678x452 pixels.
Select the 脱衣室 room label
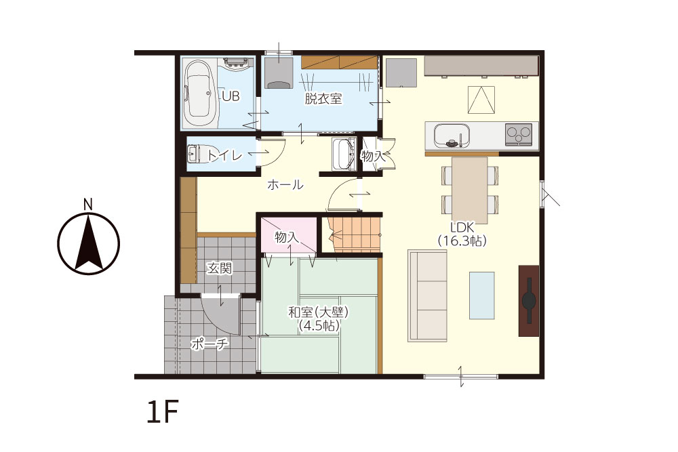click(x=323, y=99)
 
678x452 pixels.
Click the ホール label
click(x=285, y=185)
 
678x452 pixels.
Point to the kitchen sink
click(x=452, y=136)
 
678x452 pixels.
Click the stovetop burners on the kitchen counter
click(x=519, y=133)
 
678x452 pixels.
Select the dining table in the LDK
click(x=470, y=190)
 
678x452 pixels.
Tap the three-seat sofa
click(x=427, y=296)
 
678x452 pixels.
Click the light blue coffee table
click(x=481, y=295)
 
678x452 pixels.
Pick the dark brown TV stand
click(x=529, y=301)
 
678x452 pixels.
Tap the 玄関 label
click(x=219, y=268)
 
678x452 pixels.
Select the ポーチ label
click(x=210, y=344)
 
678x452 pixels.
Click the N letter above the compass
click(x=88, y=205)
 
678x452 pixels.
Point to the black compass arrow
click(x=89, y=243)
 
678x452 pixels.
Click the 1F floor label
click(x=163, y=412)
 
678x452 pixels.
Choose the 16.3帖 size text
click(x=462, y=241)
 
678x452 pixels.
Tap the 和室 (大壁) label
click(x=318, y=312)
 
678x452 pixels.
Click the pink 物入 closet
click(x=288, y=236)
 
